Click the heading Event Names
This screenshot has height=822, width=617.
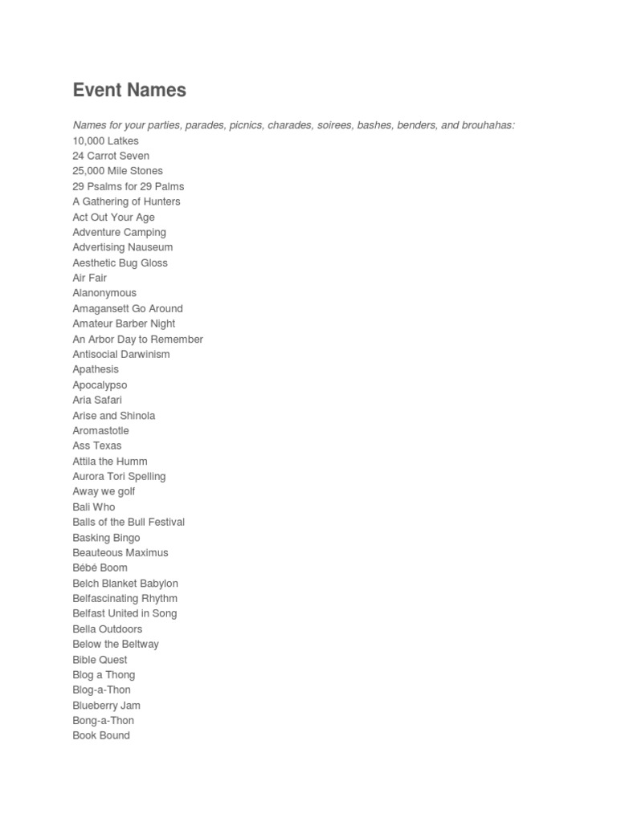pos(129,90)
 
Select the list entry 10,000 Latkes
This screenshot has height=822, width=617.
pos(105,140)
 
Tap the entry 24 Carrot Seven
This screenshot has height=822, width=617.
pos(111,156)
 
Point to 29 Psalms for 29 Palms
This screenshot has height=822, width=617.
pos(129,186)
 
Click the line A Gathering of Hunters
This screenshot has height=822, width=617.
pos(126,201)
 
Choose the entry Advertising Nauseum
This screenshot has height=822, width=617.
pos(122,247)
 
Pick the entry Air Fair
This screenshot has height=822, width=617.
pos(89,278)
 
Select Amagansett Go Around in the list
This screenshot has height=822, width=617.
pos(128,308)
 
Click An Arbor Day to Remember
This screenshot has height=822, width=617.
pos(137,339)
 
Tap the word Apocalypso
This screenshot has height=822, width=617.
pos(100,385)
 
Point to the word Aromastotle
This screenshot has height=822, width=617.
pos(100,430)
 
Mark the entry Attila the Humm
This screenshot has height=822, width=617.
pos(110,461)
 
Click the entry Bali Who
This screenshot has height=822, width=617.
pos(93,507)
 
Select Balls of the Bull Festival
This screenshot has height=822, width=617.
pos(129,522)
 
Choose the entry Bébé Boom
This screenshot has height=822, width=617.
pos(100,568)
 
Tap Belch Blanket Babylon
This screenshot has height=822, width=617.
pos(125,584)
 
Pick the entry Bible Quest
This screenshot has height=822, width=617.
pos(100,660)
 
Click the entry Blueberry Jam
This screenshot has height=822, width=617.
pos(106,706)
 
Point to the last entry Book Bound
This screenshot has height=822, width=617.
pos(101,735)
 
